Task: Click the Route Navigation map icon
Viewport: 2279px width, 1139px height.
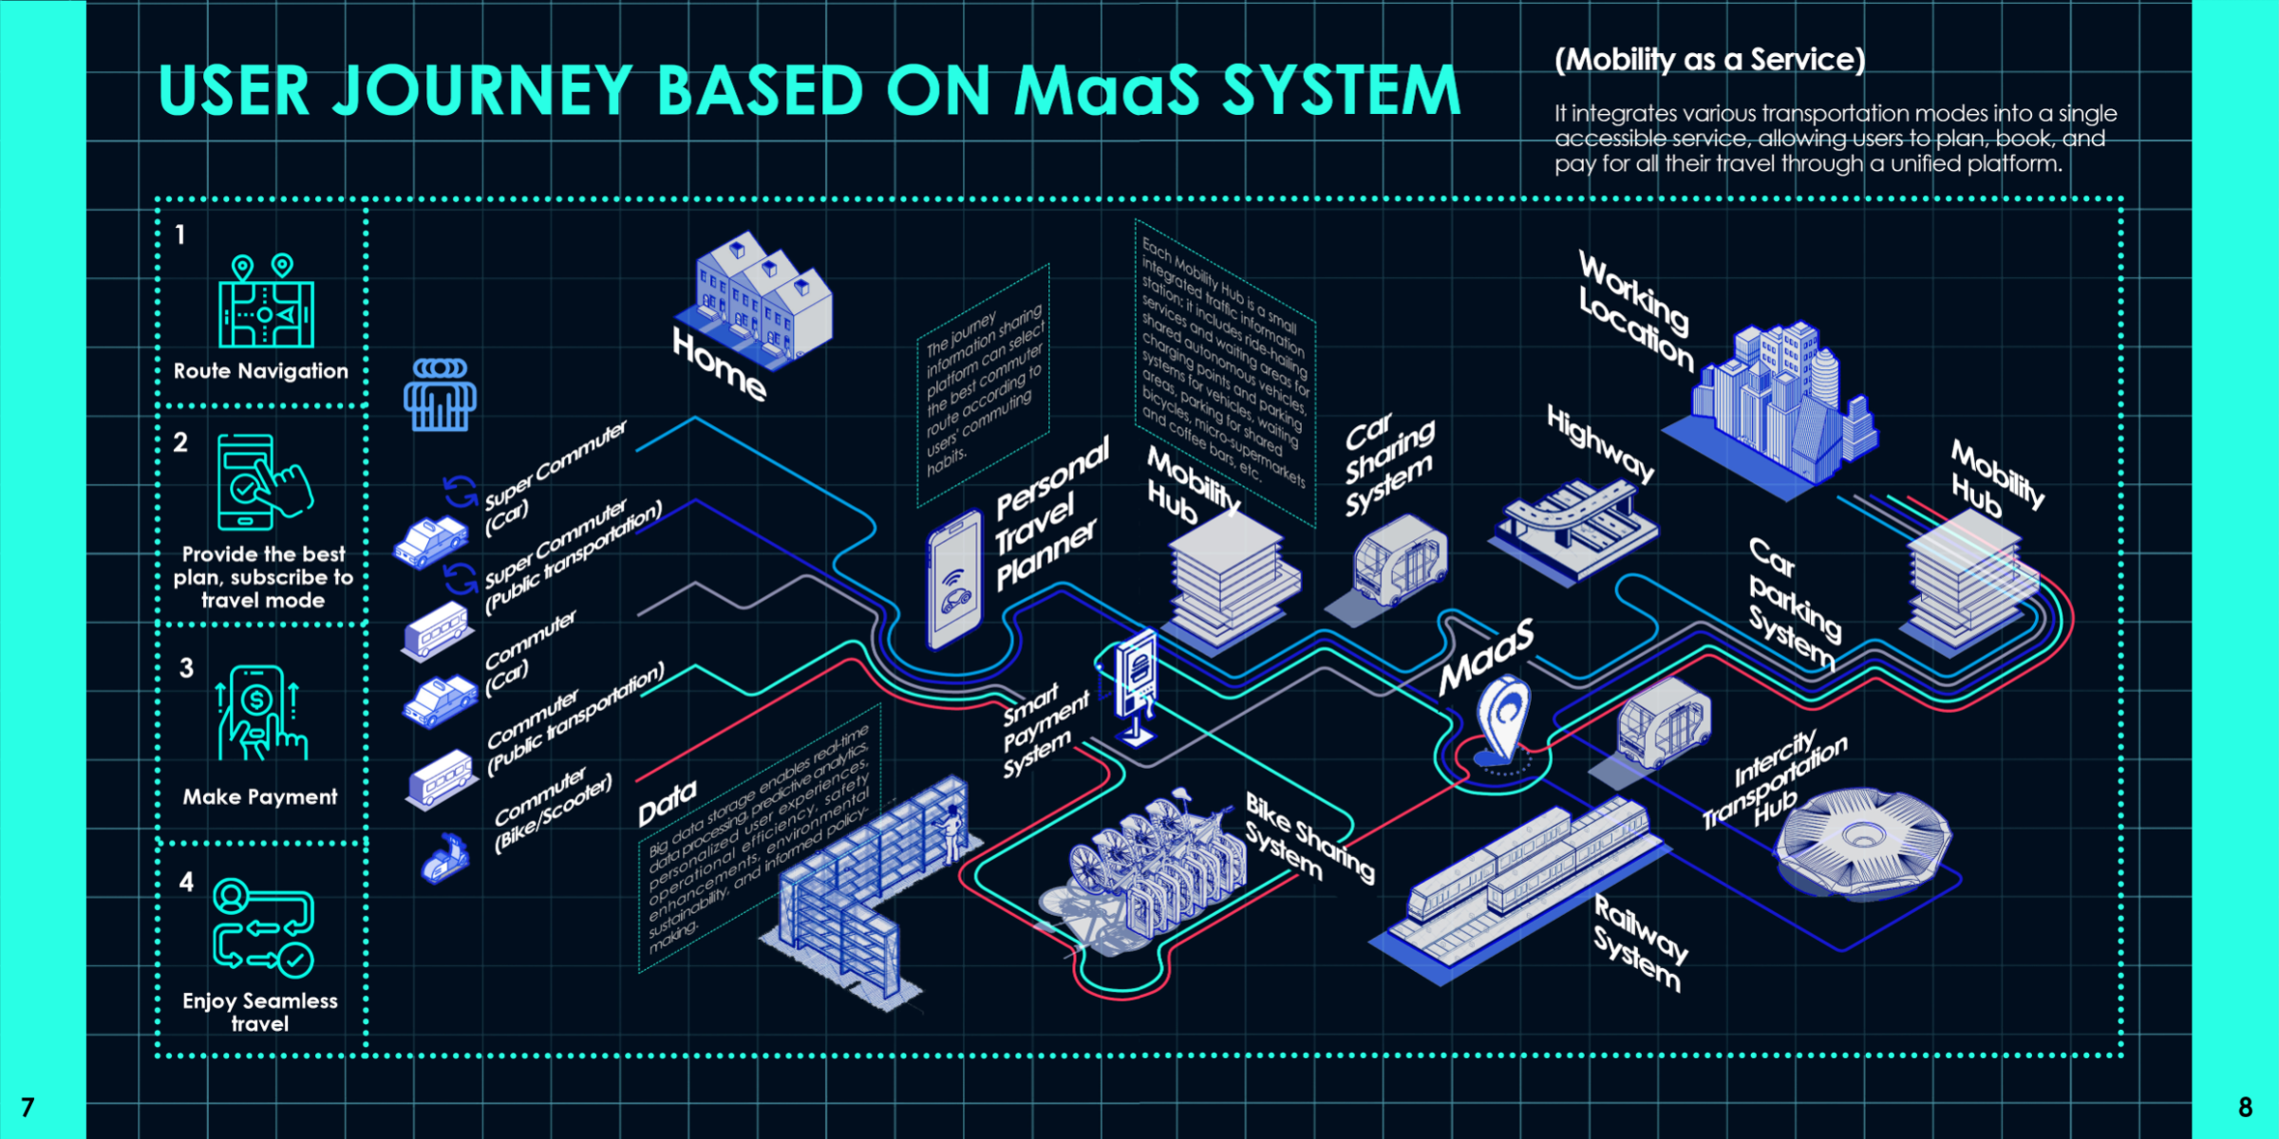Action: point(266,304)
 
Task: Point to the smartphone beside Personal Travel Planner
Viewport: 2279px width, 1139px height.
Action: point(954,579)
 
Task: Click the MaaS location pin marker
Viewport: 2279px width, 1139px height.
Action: point(1504,721)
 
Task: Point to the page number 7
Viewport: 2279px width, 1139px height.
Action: point(28,1107)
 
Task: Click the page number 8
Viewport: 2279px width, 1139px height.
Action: point(2245,1107)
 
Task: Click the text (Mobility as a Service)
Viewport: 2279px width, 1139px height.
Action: point(1709,60)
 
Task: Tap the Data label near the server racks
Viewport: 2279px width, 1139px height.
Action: point(668,803)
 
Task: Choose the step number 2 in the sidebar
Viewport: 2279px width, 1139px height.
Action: point(180,442)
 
